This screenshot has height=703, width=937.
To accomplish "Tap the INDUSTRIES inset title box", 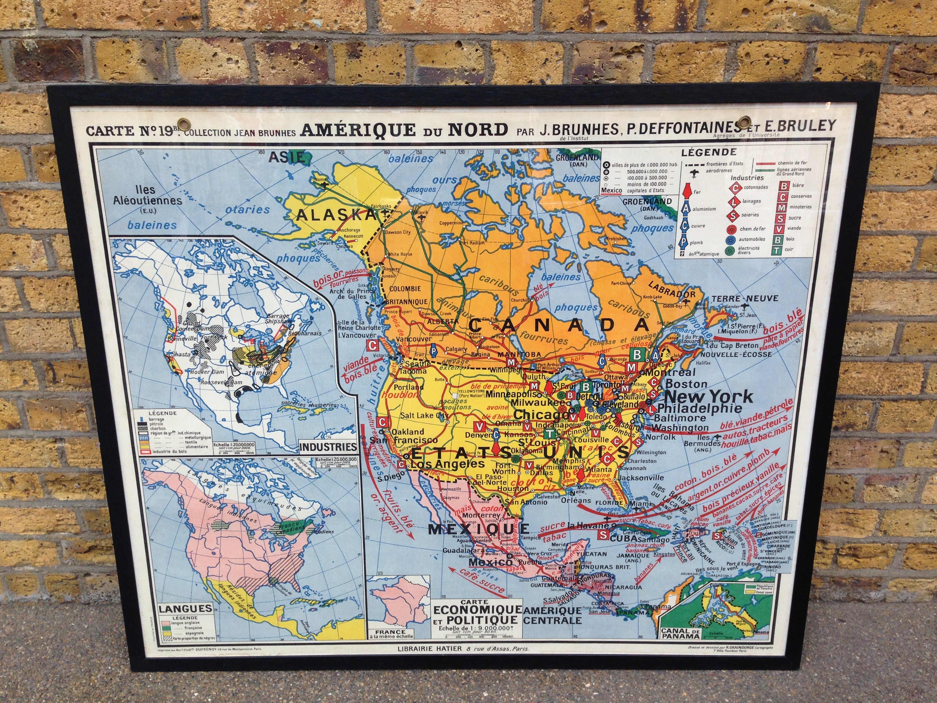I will click(327, 446).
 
